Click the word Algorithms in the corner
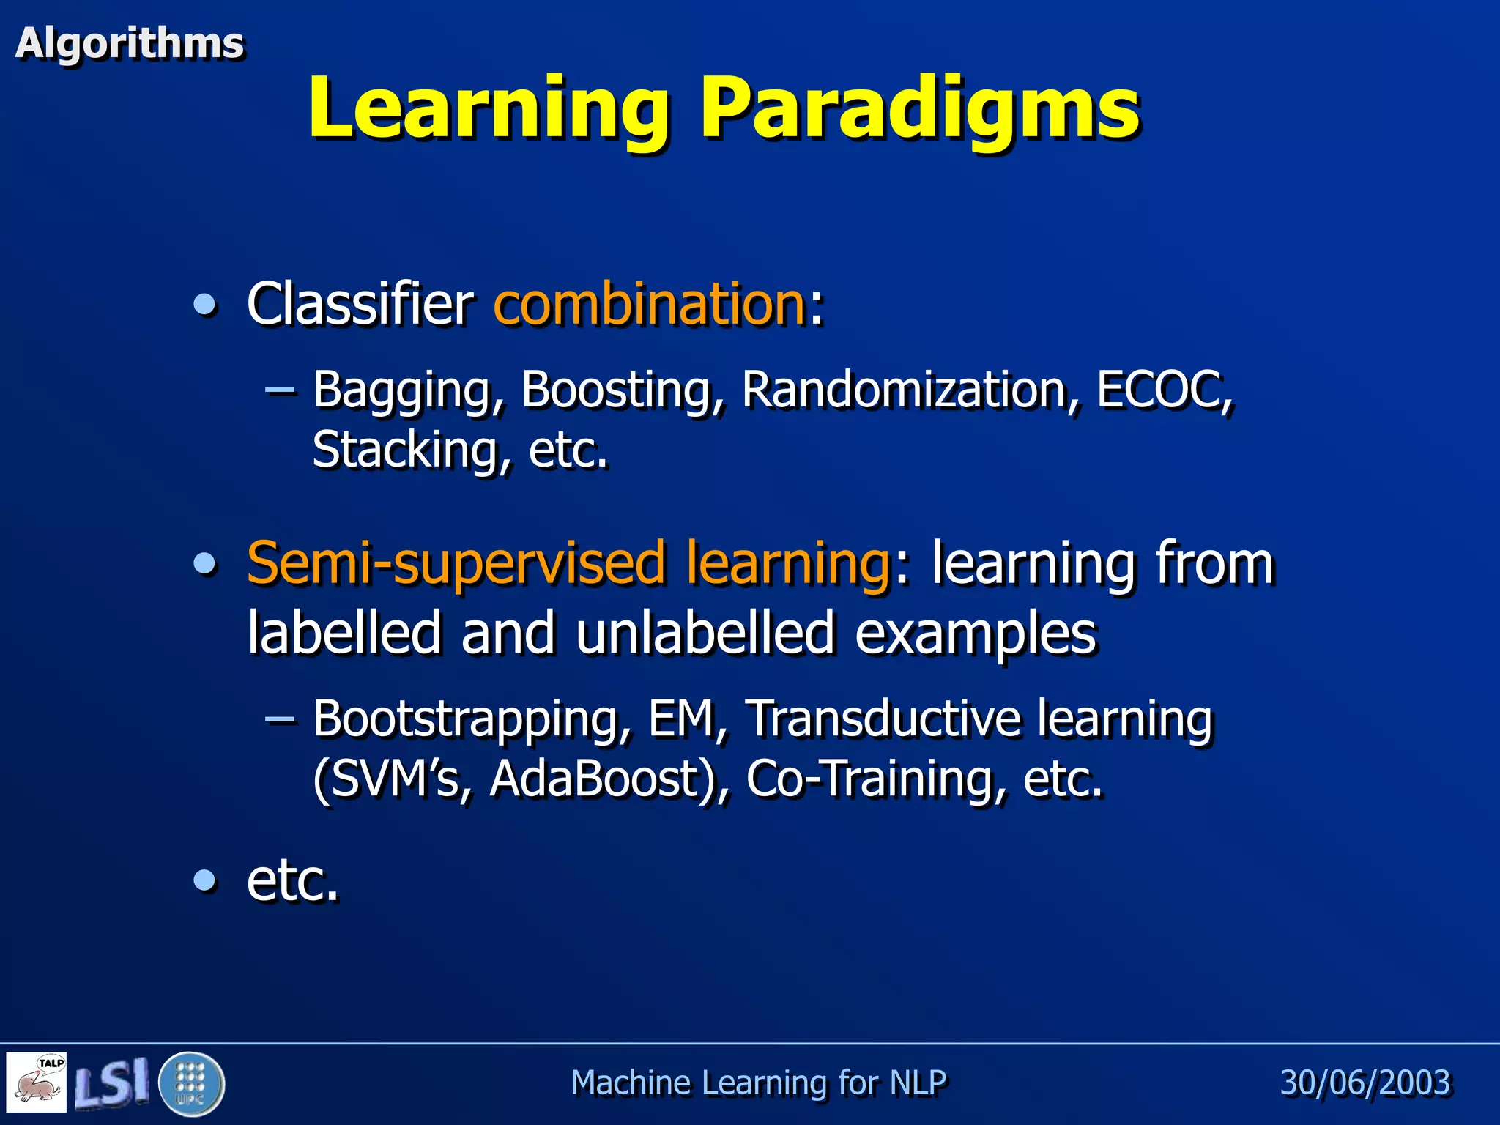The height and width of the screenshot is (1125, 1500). (x=129, y=43)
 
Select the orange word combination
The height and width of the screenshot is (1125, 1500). (x=650, y=304)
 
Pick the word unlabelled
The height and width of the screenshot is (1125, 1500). (x=705, y=633)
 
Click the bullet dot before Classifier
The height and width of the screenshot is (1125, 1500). (x=205, y=304)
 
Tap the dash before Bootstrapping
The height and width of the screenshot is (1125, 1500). (x=280, y=719)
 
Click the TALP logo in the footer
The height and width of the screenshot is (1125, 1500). (x=37, y=1082)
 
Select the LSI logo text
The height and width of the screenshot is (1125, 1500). (x=112, y=1083)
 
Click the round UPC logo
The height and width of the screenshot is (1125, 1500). (x=191, y=1083)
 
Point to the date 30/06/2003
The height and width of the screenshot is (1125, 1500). (x=1365, y=1083)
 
